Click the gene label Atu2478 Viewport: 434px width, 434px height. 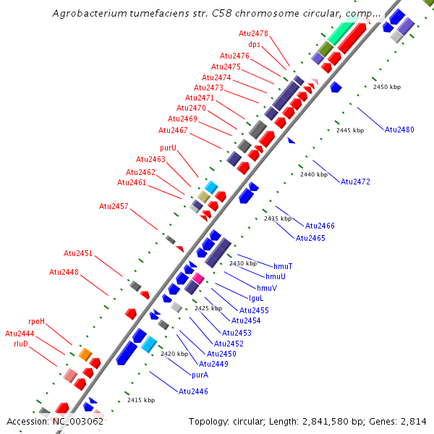pyautogui.click(x=253, y=33)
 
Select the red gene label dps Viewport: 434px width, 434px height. pyautogui.click(x=254, y=44)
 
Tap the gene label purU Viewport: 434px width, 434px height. pyautogui.click(x=169, y=148)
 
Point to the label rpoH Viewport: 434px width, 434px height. pyautogui.click(x=37, y=321)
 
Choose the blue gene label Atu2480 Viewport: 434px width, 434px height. pyautogui.click(x=399, y=129)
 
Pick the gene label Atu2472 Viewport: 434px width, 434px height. pyautogui.click(x=355, y=182)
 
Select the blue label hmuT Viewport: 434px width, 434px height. pyautogui.click(x=283, y=266)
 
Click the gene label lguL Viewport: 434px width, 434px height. pyautogui.click(x=256, y=297)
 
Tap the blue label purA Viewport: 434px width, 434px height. pyautogui.click(x=200, y=375)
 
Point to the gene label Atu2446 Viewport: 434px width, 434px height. pyautogui.click(x=193, y=391)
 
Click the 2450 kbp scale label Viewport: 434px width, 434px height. pyautogui.click(x=386, y=87)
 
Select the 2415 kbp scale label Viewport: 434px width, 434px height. pyautogui.click(x=141, y=400)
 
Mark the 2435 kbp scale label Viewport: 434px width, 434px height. pyautogui.click(x=277, y=218)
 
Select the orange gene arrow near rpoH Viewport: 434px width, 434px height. pyautogui.click(x=85, y=354)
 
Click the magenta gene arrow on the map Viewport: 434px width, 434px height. pyautogui.click(x=197, y=278)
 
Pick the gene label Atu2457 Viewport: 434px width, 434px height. pyautogui.click(x=114, y=206)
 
